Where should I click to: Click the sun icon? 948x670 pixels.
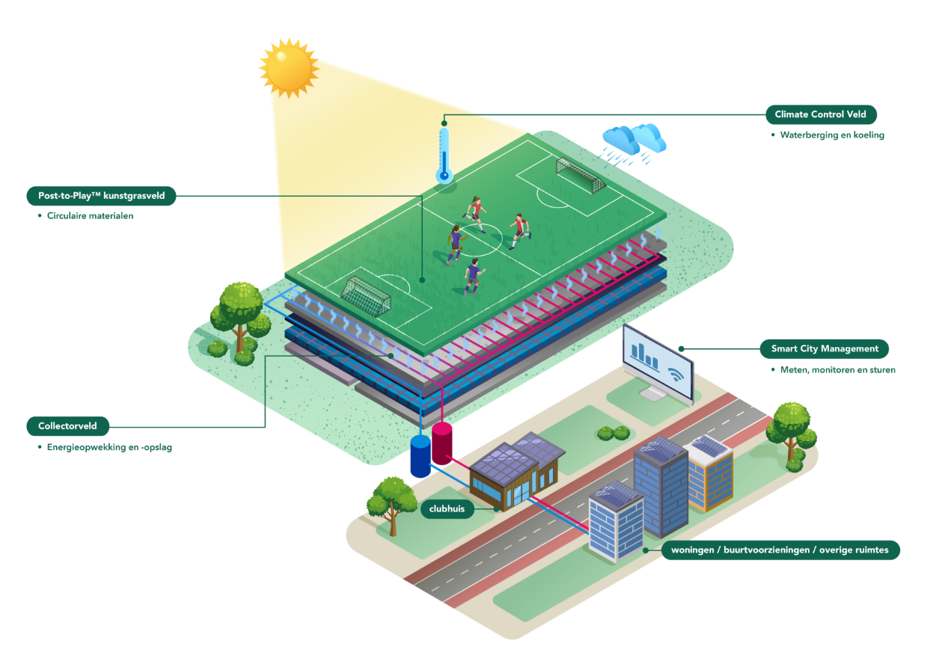[x=289, y=67]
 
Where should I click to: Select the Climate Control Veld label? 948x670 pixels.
[x=820, y=114]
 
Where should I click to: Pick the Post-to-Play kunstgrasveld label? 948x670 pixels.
[x=101, y=196]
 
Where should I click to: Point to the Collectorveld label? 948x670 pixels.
[x=67, y=426]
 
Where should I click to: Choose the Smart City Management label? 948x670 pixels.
[x=824, y=348]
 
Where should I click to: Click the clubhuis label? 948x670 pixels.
[x=447, y=509]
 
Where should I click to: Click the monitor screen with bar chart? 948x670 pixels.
[x=658, y=360]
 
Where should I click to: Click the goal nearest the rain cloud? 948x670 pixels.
[x=580, y=174]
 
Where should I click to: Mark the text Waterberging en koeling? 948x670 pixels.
[x=832, y=135]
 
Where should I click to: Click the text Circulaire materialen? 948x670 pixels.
[x=90, y=216]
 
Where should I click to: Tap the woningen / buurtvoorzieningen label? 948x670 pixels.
[x=780, y=550]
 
